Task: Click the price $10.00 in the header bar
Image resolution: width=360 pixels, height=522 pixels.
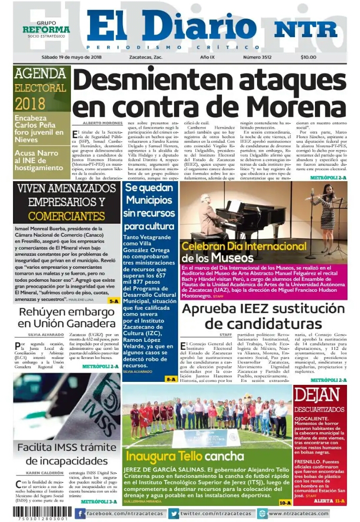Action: pyautogui.click(x=308, y=58)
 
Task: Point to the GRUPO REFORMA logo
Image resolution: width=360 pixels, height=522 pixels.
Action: pyautogui.click(x=46, y=30)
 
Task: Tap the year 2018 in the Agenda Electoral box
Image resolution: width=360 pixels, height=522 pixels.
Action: pyautogui.click(x=30, y=104)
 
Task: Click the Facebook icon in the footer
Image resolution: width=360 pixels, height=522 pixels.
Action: pyautogui.click(x=80, y=513)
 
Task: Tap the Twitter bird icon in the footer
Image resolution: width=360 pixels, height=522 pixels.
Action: pyautogui.click(x=173, y=513)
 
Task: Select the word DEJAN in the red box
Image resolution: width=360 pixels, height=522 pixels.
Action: pyautogui.click(x=319, y=395)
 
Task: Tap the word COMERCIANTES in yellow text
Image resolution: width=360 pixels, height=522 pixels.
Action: pyautogui.click(x=66, y=217)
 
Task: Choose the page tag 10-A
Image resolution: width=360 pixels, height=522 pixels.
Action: pyautogui.click(x=285, y=502)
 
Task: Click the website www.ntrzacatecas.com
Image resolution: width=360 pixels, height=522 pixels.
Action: pyautogui.click(x=298, y=513)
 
